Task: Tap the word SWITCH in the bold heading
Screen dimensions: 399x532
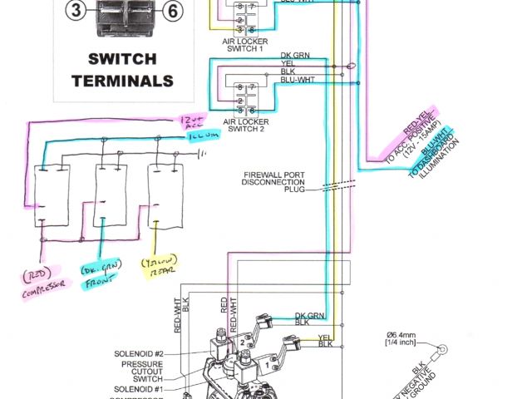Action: click(x=121, y=60)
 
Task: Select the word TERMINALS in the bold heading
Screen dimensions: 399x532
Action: click(x=122, y=81)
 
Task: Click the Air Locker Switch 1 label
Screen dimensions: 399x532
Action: click(x=242, y=42)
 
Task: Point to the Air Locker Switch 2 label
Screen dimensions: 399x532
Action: click(x=242, y=123)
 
